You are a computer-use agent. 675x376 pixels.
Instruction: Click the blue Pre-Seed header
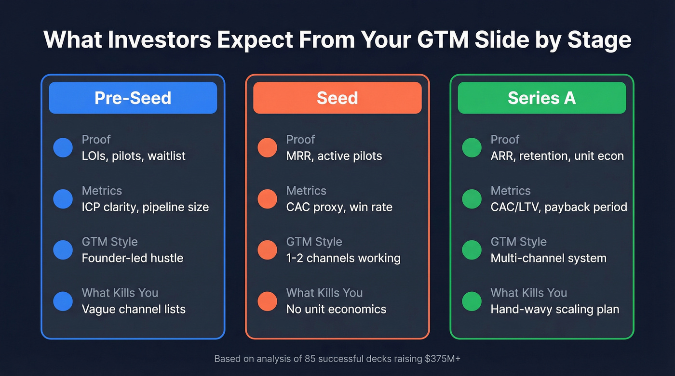click(133, 98)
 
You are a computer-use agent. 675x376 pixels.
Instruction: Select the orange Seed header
click(337, 98)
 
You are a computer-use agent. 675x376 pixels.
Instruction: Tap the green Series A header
click(541, 98)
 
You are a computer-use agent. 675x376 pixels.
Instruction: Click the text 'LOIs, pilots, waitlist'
click(134, 156)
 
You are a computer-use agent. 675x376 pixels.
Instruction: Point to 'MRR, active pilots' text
click(334, 156)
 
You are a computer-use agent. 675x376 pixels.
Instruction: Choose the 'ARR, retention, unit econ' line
click(557, 156)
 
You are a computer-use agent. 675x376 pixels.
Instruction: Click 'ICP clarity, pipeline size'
click(145, 207)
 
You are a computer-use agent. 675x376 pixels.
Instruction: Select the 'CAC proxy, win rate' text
click(339, 207)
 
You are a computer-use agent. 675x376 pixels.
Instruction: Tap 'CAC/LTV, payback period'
click(559, 207)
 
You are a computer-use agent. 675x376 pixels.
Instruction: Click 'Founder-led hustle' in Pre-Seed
click(133, 258)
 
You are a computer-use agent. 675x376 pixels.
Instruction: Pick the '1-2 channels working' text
click(343, 258)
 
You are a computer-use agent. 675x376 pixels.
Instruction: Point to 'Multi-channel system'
click(548, 258)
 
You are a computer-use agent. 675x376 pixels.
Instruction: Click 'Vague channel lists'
click(134, 309)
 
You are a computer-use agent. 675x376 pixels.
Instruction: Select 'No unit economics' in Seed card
click(336, 309)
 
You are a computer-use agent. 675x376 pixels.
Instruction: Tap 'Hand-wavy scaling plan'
click(554, 309)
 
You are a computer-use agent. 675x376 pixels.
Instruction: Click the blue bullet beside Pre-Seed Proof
click(63, 148)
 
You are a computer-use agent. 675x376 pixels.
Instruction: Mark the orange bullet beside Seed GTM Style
click(267, 250)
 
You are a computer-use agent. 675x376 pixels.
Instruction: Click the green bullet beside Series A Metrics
click(472, 199)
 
